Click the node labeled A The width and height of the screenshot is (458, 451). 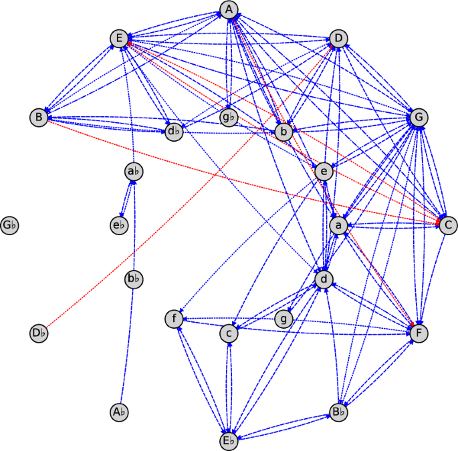[229, 9]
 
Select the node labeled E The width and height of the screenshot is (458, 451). [119, 39]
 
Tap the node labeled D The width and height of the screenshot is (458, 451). [338, 39]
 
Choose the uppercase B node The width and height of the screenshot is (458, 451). [39, 118]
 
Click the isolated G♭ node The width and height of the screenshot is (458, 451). [9, 225]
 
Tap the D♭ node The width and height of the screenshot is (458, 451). [39, 332]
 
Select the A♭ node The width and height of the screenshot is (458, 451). [119, 412]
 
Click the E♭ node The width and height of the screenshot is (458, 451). [229, 441]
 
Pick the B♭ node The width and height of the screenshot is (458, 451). [339, 412]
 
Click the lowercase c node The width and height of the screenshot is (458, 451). [229, 332]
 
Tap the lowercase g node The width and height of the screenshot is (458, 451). [285, 319]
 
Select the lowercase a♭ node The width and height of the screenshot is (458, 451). [134, 172]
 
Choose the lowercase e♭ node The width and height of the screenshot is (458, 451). [119, 225]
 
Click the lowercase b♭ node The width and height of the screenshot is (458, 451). [134, 279]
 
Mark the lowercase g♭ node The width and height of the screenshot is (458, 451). [229, 118]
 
